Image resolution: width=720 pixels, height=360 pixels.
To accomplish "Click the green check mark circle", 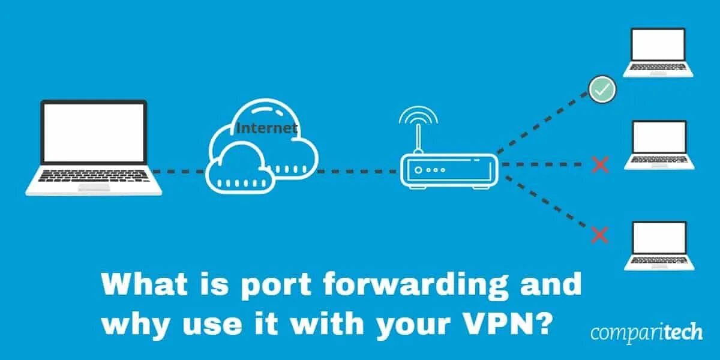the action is [602, 90].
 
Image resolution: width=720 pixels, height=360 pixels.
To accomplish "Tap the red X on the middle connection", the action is [599, 164].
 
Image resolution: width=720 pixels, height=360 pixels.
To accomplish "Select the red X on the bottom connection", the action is [599, 235].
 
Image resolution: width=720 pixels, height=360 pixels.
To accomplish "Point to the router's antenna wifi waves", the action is [418, 116].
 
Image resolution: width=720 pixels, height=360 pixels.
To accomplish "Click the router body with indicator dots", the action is [449, 170].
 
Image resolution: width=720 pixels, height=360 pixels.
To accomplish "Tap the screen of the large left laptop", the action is [94, 131].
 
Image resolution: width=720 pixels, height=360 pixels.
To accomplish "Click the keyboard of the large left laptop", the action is [94, 176].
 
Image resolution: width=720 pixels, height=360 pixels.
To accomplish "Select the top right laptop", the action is [658, 53].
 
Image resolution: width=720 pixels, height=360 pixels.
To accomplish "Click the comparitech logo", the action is [646, 333].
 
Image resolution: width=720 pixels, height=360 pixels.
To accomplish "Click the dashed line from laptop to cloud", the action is [180, 172].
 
